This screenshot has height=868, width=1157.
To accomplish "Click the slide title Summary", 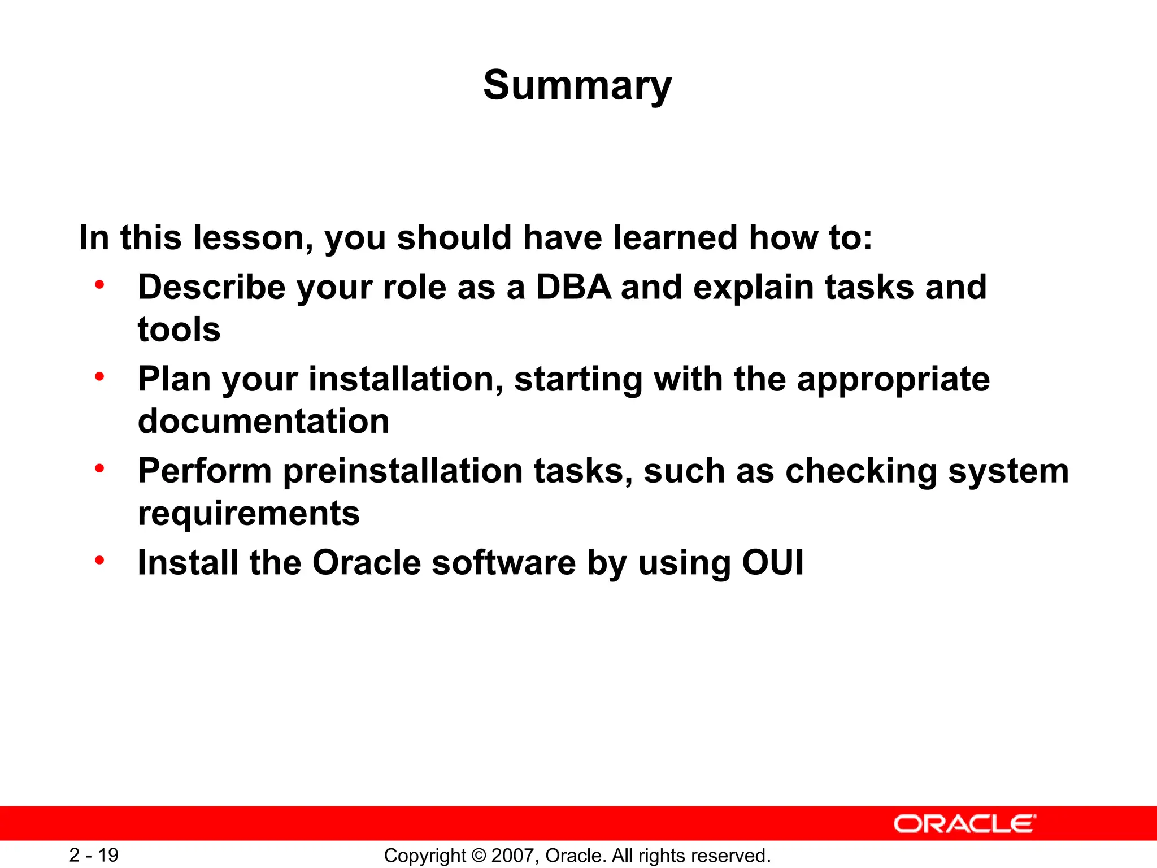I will (x=577, y=86).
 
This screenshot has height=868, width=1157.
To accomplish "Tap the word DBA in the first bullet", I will (x=573, y=287).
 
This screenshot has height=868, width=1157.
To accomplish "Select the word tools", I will (x=179, y=329).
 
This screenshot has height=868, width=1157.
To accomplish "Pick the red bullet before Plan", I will (x=99, y=376).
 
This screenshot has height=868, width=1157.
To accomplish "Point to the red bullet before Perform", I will (x=99, y=468).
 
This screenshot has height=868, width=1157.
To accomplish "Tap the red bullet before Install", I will (x=99, y=560).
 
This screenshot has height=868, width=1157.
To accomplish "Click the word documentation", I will (x=263, y=422).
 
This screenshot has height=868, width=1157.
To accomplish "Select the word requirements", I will (x=249, y=514).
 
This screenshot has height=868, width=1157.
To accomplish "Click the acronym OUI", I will (x=772, y=563).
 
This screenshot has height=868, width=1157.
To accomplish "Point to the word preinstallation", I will (x=403, y=471).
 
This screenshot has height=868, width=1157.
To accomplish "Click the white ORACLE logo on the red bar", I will (x=964, y=824).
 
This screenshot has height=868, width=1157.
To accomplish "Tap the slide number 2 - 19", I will (x=94, y=855).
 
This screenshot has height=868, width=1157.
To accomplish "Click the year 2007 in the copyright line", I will (x=510, y=856).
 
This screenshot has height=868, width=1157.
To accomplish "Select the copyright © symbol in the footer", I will (x=479, y=856).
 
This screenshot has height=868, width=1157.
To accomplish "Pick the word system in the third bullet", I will (x=1008, y=471).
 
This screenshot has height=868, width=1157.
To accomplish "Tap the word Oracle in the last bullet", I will (x=366, y=563).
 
